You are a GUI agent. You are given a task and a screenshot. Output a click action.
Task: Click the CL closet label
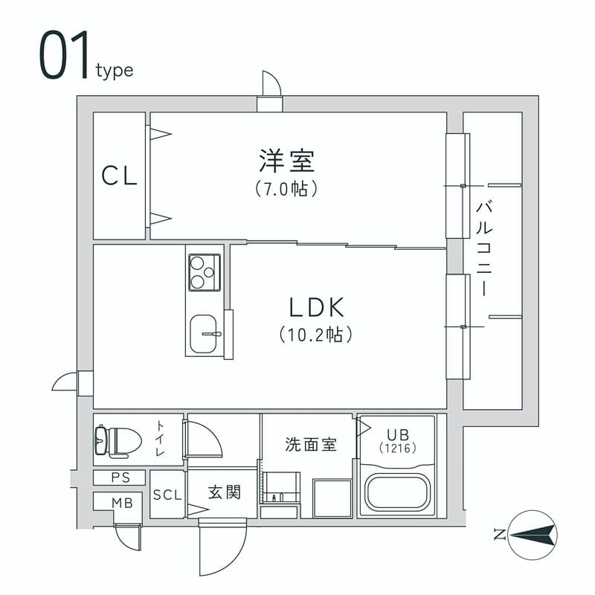[x=119, y=176]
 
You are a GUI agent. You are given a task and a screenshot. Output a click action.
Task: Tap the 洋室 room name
[x=287, y=160]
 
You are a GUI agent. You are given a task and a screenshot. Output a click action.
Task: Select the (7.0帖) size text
[x=287, y=189]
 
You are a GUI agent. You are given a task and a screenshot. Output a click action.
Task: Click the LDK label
[x=315, y=306]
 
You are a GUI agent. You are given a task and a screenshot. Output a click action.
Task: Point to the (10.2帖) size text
[x=315, y=335]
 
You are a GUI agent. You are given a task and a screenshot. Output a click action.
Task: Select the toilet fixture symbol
[x=118, y=440]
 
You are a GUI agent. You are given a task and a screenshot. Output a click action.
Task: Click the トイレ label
[x=160, y=439]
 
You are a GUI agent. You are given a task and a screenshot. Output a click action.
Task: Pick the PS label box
[x=119, y=477]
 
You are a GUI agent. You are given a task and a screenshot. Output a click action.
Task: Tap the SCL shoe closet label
[x=167, y=494]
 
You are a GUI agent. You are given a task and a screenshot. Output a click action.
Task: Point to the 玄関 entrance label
[x=224, y=492]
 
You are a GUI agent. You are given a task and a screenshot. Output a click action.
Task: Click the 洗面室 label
[x=311, y=445]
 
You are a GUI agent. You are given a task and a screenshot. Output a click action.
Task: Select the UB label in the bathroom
[x=396, y=434]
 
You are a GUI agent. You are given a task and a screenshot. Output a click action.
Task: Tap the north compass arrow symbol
[x=533, y=533]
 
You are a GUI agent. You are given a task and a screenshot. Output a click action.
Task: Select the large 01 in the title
[x=63, y=56]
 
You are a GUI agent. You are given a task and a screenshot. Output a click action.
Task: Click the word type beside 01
[x=115, y=71]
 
